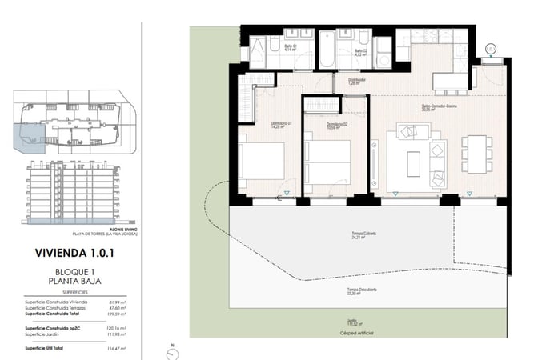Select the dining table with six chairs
click(x=476, y=154)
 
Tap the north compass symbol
click(x=172, y=350)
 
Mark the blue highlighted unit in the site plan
click(x=29, y=138)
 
